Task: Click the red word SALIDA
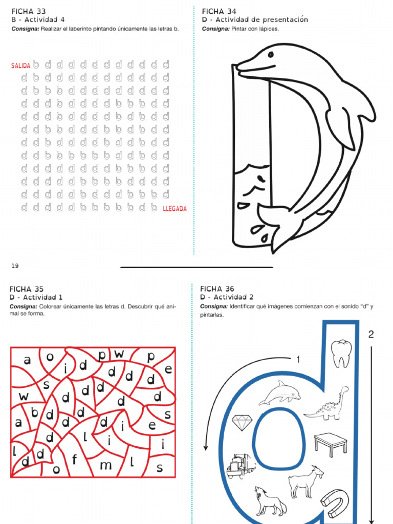pyautogui.click(x=20, y=66)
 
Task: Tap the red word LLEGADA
pyautogui.click(x=174, y=209)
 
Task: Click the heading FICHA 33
pyautogui.click(x=29, y=11)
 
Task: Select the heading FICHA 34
pyautogui.click(x=220, y=11)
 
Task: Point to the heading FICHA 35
pyautogui.click(x=27, y=289)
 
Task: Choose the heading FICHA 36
pyautogui.click(x=217, y=289)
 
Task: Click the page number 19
pyautogui.click(x=14, y=265)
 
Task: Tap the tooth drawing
pyautogui.click(x=341, y=353)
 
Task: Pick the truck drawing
pyautogui.click(x=241, y=465)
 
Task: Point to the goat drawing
pyautogui.click(x=306, y=482)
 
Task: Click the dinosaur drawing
pyautogui.click(x=327, y=405)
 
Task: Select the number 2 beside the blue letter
pyautogui.click(x=371, y=335)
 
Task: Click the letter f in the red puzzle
pyautogui.click(x=75, y=460)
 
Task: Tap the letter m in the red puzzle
pyautogui.click(x=105, y=466)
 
